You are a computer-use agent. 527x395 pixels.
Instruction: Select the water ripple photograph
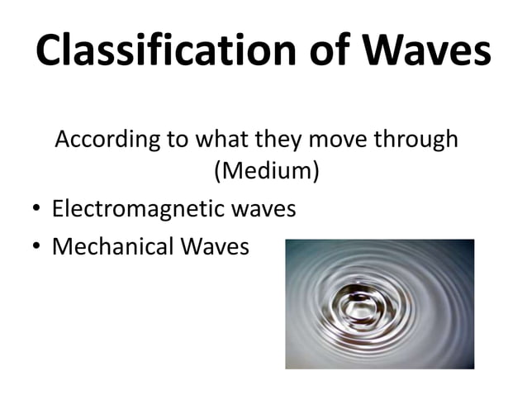[x=379, y=304]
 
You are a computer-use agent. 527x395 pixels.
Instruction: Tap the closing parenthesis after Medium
[x=315, y=173]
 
